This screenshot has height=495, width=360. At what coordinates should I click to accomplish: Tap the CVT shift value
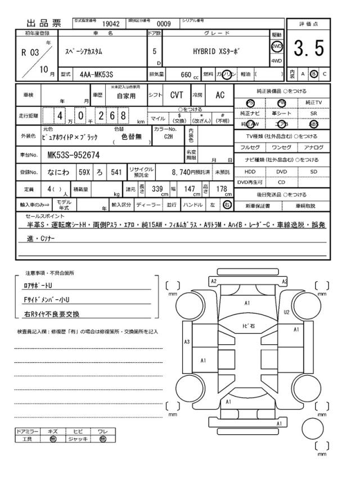(177, 96)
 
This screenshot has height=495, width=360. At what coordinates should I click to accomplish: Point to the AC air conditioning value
(220, 96)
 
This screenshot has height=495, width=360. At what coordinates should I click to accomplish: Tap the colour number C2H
(168, 136)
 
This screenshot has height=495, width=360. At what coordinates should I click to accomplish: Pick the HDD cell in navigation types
(249, 171)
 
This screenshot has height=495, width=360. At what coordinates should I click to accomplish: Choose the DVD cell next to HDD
(281, 171)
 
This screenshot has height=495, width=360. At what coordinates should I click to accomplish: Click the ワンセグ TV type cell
(281, 148)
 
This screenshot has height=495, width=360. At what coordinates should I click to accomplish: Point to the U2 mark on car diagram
(286, 311)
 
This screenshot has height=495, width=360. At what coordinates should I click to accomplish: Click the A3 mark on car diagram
(187, 341)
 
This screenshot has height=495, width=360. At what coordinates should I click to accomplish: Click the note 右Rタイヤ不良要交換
(52, 314)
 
